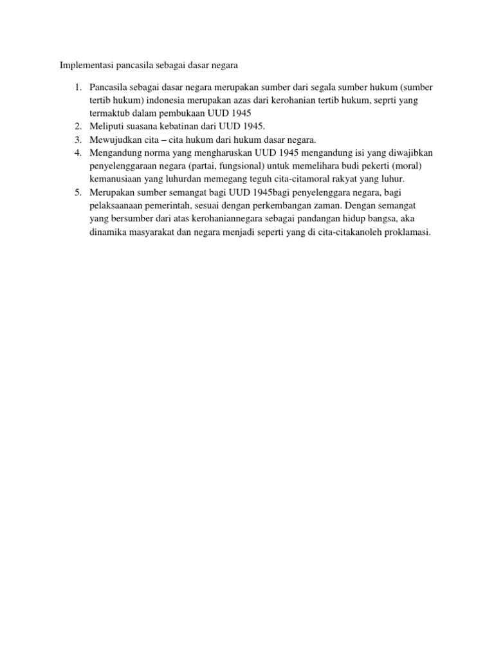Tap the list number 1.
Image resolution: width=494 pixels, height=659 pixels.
pyautogui.click(x=76, y=87)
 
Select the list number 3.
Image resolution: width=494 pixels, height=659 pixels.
pyautogui.click(x=76, y=139)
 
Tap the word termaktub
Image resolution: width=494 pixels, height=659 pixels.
pyautogui.click(x=111, y=113)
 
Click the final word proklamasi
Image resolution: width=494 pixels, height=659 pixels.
pyautogui.click(x=405, y=232)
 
